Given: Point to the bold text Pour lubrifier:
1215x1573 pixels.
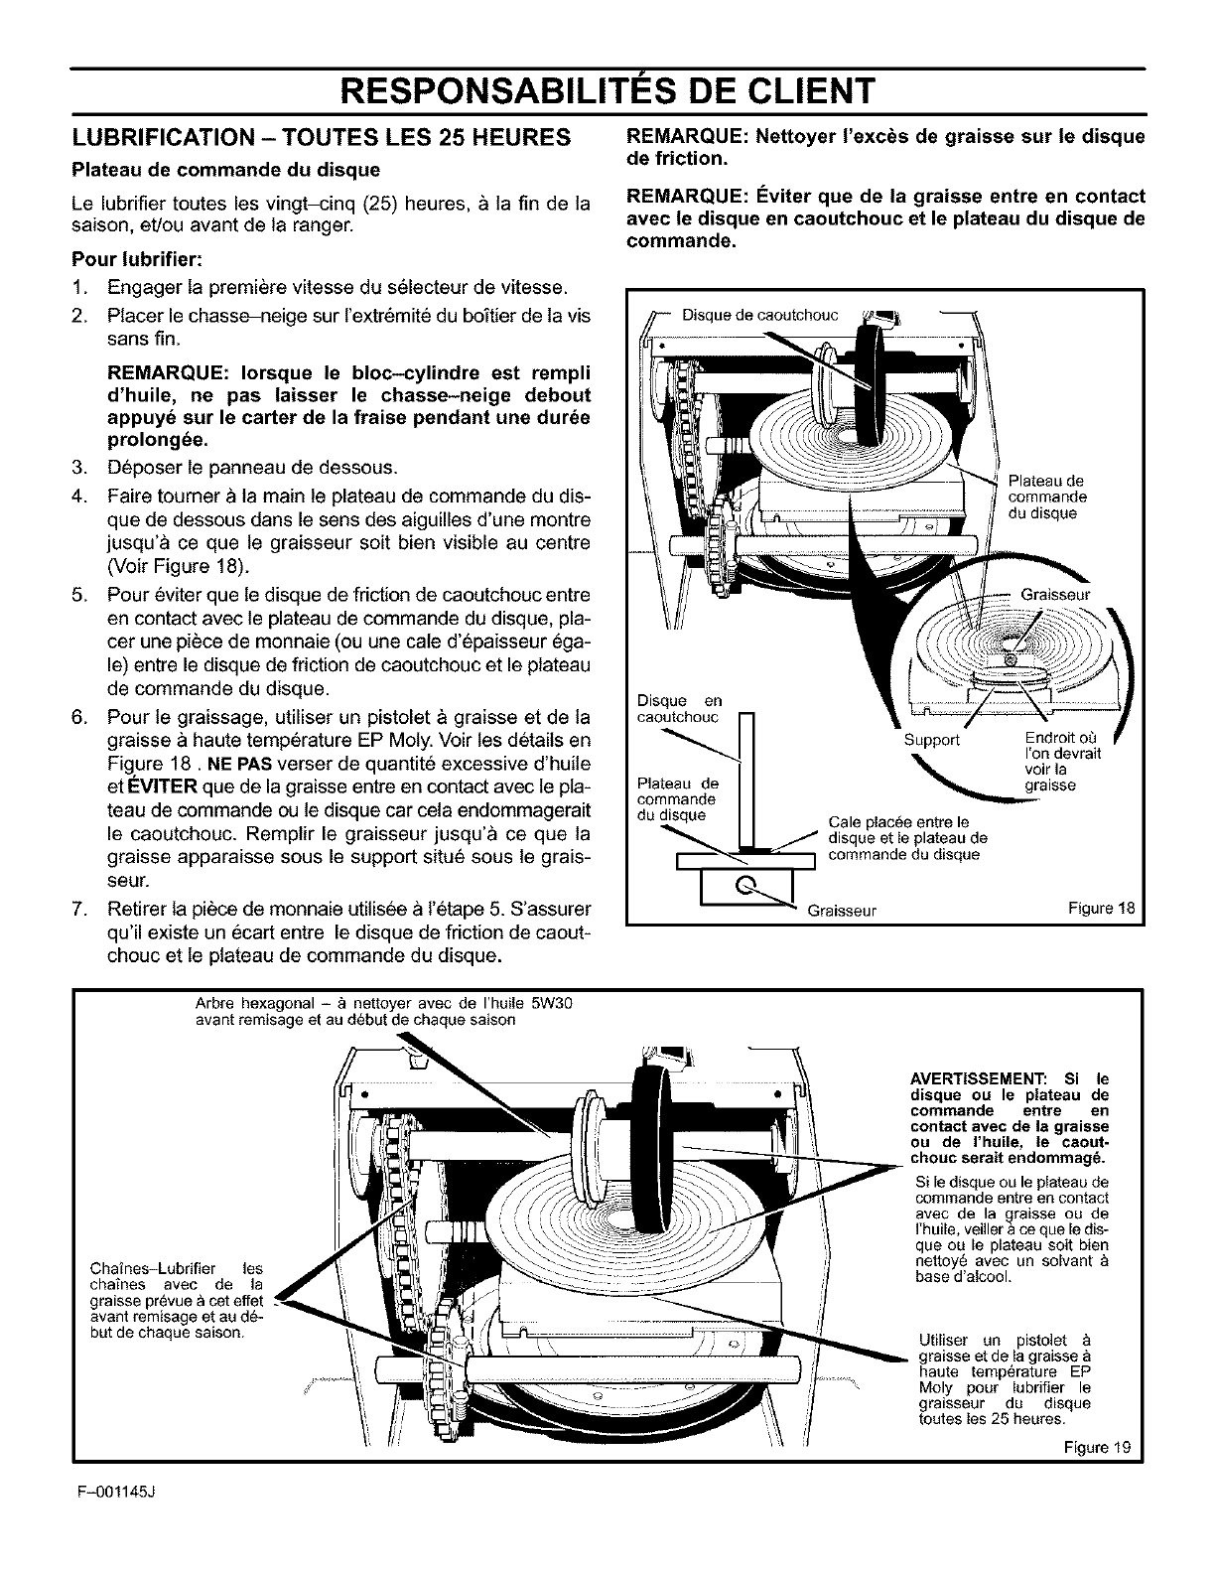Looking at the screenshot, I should click(137, 261).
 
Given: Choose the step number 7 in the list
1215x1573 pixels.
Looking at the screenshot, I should click(78, 909).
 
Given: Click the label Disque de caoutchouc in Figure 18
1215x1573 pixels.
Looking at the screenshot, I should click(760, 316).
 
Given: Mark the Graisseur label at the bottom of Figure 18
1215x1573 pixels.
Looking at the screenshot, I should click(840, 909).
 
